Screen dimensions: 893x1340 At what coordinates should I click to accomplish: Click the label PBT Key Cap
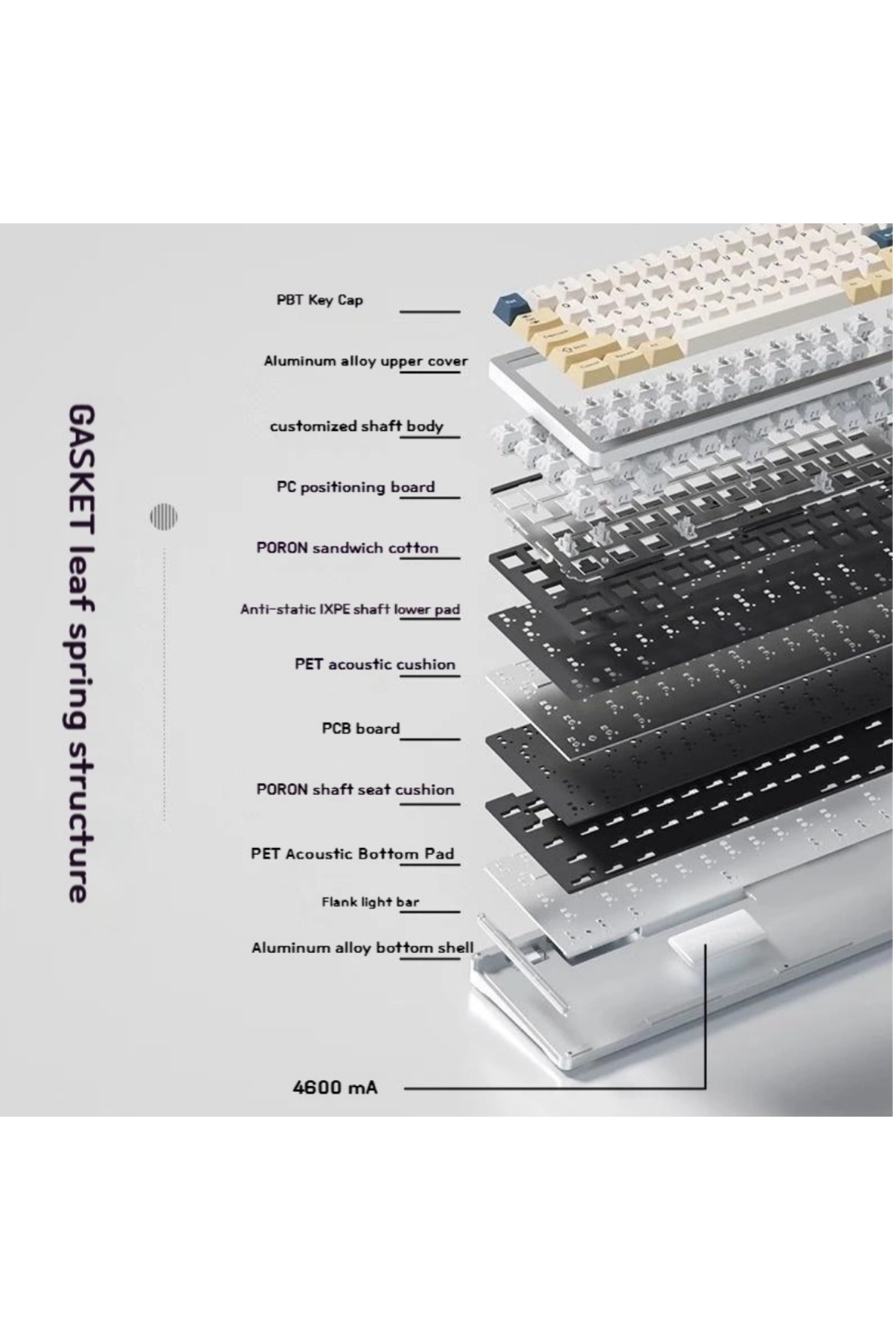tap(319, 300)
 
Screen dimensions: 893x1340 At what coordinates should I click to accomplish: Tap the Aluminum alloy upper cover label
tap(365, 362)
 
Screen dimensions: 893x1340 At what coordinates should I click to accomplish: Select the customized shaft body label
tap(356, 427)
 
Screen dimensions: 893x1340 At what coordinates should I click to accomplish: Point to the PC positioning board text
tap(356, 488)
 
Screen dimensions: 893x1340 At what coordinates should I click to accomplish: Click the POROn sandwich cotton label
tap(348, 548)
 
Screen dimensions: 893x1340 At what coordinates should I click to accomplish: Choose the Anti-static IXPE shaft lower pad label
tap(350, 610)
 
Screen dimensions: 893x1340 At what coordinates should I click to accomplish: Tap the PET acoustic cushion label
tap(375, 664)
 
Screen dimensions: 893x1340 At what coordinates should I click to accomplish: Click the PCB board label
tap(361, 728)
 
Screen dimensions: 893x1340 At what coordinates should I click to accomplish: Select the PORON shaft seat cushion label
tap(355, 789)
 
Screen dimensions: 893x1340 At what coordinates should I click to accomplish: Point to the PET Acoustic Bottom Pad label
tap(352, 854)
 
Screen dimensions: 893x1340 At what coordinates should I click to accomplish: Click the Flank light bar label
tap(370, 902)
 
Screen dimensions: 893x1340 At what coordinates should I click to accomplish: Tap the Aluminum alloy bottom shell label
tap(362, 948)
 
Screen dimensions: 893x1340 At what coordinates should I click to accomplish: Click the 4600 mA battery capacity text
tap(335, 1088)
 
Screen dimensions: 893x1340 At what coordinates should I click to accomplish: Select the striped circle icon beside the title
tap(164, 517)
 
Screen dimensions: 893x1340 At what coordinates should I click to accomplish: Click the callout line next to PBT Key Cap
tap(430, 312)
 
